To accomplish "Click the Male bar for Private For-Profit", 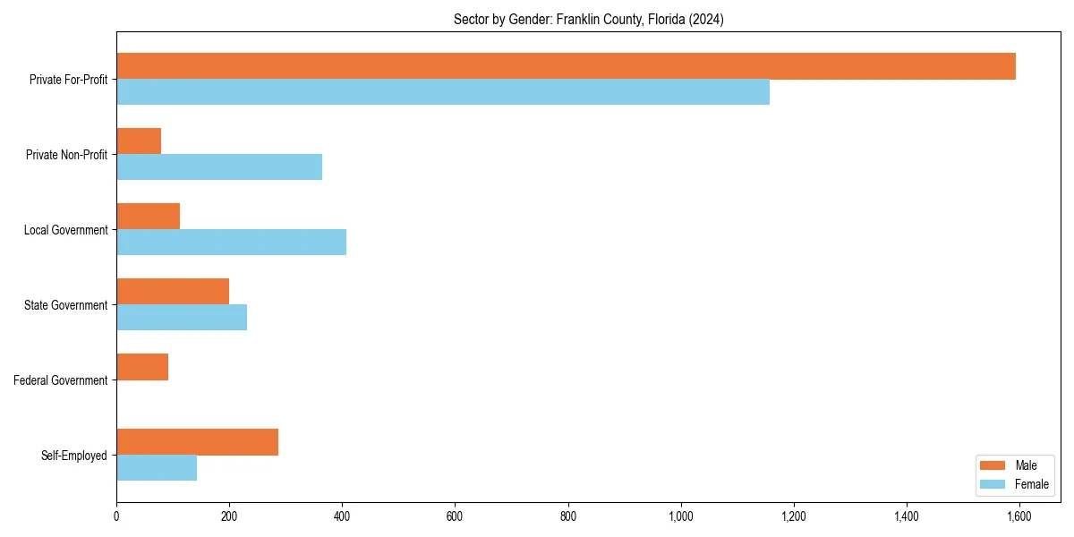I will [x=566, y=66].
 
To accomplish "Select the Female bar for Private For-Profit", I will [x=443, y=91].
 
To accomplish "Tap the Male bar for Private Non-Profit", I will [x=139, y=141].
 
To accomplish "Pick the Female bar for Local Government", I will [x=231, y=242].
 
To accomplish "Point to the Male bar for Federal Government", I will [x=142, y=367].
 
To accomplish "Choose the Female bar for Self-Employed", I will [x=157, y=467].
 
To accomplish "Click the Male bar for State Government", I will [x=173, y=292].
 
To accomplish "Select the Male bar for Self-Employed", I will [x=197, y=442].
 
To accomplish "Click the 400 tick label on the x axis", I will [x=342, y=516].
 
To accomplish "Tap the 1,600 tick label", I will [x=1019, y=516].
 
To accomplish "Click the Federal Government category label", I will [x=61, y=380].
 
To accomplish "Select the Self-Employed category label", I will [x=74, y=456].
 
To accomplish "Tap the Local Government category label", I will [x=66, y=230].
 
